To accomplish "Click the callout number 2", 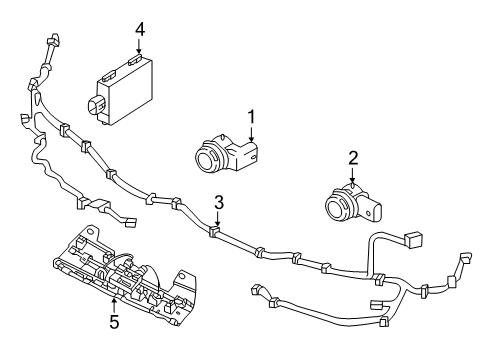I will [352, 156].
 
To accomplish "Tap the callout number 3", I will [218, 202].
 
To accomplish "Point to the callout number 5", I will [113, 323].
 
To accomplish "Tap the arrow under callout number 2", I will [352, 176].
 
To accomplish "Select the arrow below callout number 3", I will [217, 222].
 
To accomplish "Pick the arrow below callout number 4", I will [140, 48].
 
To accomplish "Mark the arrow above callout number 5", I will [113, 303].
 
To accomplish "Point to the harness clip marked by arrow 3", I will [214, 233].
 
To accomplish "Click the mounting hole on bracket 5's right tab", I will [183, 276].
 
